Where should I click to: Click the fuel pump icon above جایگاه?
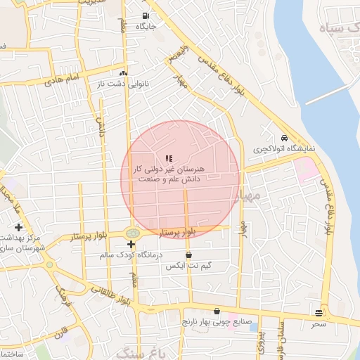pos(146,15)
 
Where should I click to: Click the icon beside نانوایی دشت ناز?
pos(124,73)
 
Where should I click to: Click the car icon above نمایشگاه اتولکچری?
pos(284,139)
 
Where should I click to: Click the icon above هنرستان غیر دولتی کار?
pos(168,159)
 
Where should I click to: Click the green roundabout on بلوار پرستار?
pos(132,233)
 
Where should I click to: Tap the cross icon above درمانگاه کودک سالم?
pos(131,244)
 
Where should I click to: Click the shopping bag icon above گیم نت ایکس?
pos(188,255)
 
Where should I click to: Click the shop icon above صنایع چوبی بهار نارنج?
pos(217,311)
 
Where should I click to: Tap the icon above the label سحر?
pos(319,313)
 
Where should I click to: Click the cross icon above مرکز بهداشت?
pos(18,227)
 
